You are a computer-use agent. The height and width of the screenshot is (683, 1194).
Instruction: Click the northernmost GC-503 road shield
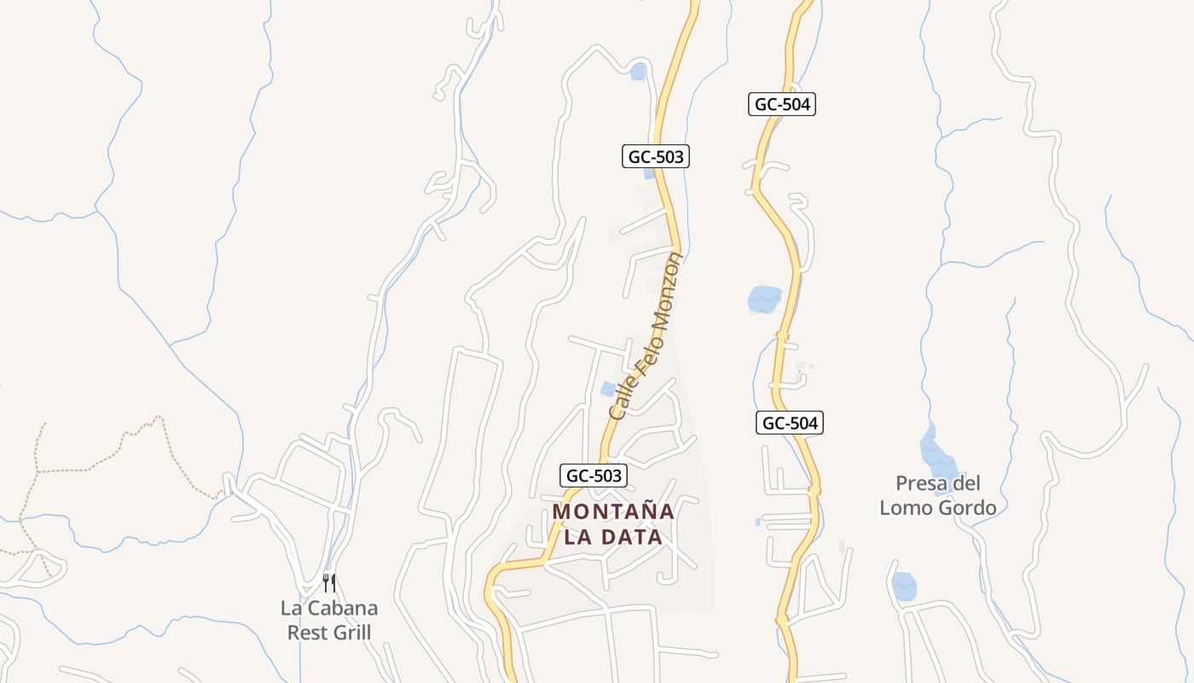[654, 156]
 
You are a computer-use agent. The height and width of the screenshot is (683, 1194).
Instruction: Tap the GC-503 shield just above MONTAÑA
[594, 476]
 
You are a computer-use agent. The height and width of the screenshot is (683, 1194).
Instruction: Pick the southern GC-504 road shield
[789, 423]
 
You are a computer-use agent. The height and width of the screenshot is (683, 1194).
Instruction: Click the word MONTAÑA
[614, 511]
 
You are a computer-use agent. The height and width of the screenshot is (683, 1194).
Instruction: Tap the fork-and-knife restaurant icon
[329, 583]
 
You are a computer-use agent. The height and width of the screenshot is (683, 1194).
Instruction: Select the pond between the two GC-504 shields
[764, 299]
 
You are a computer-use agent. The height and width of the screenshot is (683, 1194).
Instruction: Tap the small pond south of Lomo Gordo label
[904, 586]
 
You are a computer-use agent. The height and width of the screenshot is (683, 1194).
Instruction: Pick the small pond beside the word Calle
[608, 389]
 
